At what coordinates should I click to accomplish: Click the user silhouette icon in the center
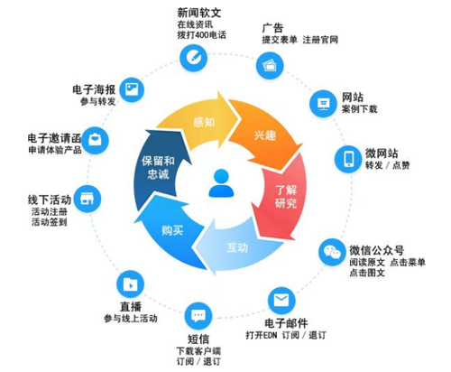221,183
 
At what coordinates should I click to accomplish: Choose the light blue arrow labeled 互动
237,247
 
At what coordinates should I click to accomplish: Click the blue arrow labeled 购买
171,230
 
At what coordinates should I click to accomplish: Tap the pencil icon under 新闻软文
193,58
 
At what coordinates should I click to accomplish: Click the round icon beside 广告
270,65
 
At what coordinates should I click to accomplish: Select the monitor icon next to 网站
323,104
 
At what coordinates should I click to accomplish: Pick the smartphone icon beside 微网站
348,159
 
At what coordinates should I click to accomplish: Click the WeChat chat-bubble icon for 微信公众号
332,252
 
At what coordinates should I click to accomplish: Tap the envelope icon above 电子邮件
281,301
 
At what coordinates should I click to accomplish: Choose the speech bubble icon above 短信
198,316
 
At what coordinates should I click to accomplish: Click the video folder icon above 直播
130,284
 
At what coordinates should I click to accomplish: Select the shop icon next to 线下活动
87,199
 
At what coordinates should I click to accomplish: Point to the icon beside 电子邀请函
95,140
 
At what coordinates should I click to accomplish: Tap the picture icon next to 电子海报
132,89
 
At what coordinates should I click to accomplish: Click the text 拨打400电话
201,35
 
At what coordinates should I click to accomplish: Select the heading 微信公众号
376,250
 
